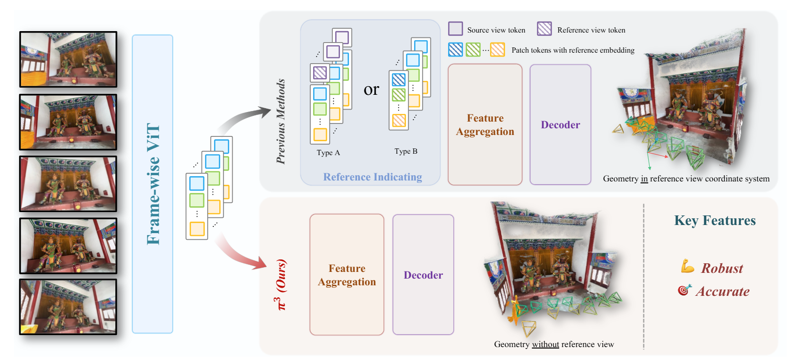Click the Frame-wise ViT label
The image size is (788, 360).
coord(153,184)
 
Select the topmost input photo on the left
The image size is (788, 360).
coord(68,59)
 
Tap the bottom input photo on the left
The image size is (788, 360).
coord(68,307)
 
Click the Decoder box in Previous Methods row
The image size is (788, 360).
coord(560,124)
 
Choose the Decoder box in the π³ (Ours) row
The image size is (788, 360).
coord(423,275)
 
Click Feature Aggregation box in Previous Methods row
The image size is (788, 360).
coord(485,124)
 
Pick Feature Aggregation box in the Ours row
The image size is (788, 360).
coord(347,275)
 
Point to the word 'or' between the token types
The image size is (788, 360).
coord(371,90)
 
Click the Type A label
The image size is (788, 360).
coord(328,153)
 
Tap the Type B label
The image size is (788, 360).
coord(406,151)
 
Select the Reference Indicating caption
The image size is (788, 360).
coord(372,177)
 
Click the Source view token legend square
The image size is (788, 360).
coord(455,29)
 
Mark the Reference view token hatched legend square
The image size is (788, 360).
coord(544,29)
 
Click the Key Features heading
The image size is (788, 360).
coord(715,221)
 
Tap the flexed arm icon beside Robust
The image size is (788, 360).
coord(687,266)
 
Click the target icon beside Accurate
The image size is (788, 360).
coord(685,290)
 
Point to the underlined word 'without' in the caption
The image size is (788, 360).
coord(545,344)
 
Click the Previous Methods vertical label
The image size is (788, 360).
coord(281,122)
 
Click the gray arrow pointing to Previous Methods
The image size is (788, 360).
coord(244,120)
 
